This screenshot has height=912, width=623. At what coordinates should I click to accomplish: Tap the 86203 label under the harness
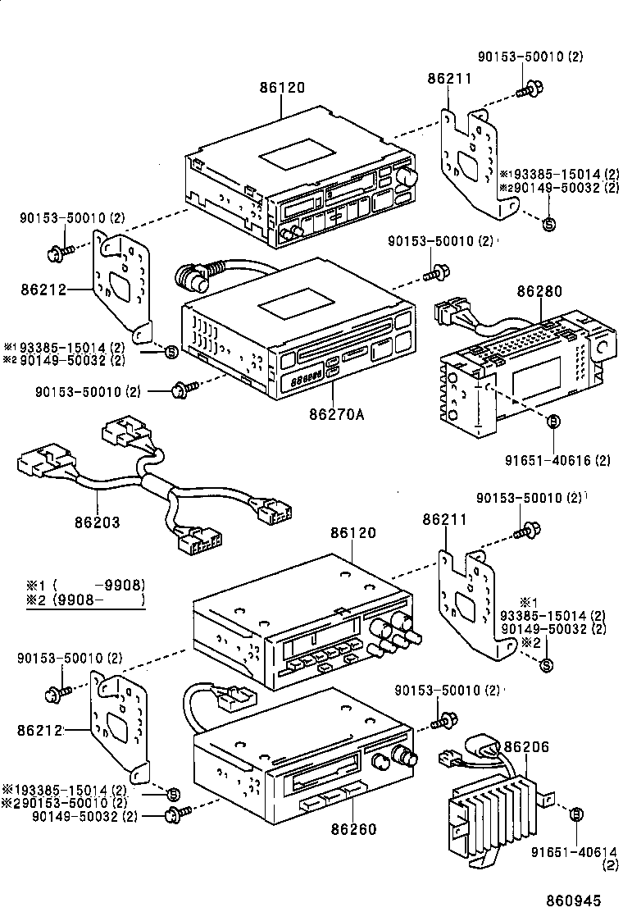pos(98,522)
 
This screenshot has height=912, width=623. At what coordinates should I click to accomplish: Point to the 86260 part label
pos(353,829)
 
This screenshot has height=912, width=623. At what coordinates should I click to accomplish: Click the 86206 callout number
pos(526,746)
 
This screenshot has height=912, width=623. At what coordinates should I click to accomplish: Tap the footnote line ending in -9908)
pos(86,585)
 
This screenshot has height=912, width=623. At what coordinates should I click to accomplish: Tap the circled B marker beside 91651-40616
pos(553,421)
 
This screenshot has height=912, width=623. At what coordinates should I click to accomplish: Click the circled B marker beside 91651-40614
pos(576,814)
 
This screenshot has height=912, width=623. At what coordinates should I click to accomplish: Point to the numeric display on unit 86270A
pos(306,378)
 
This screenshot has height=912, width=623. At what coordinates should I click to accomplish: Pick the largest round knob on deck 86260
pos(402,756)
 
